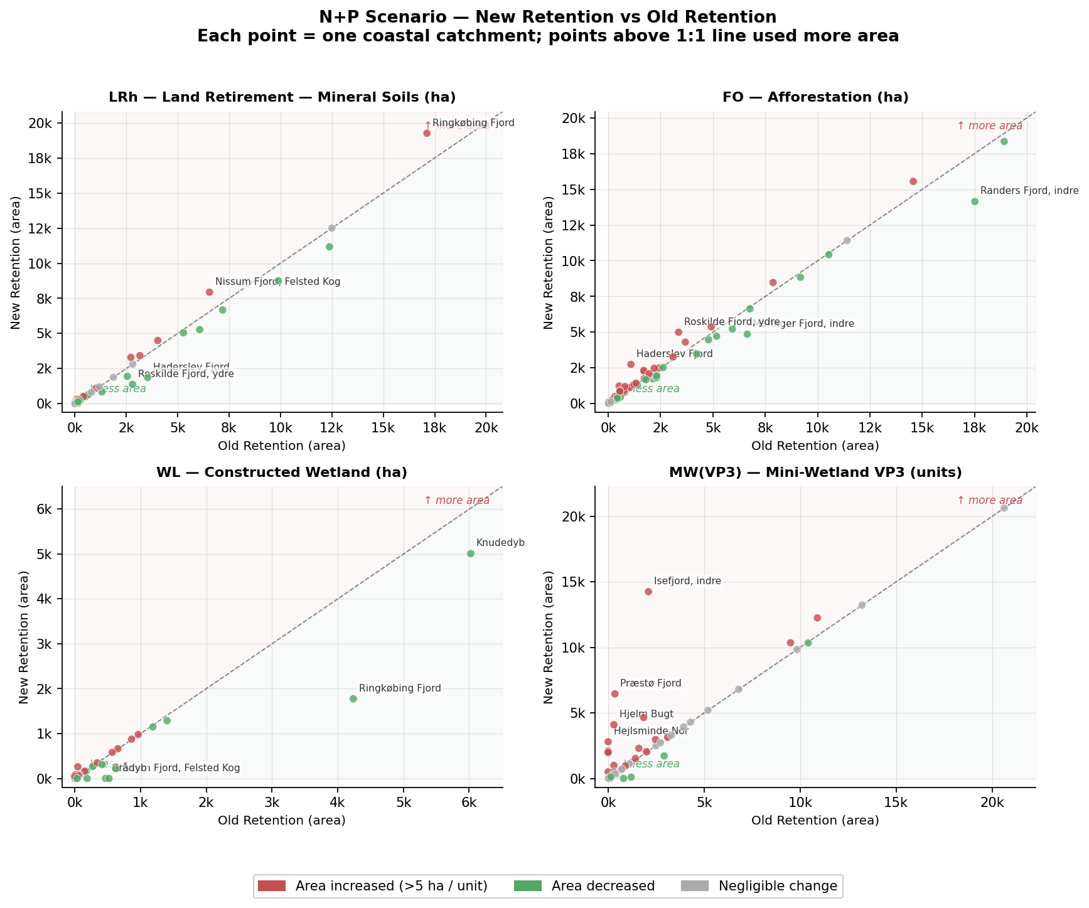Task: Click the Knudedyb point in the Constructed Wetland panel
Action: coord(471,553)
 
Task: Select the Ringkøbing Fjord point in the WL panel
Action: coord(353,698)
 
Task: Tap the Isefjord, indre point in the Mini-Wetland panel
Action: coord(648,591)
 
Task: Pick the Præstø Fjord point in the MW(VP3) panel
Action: coord(614,693)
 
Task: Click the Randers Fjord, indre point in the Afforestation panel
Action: coord(975,201)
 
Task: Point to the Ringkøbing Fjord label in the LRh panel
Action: coord(473,123)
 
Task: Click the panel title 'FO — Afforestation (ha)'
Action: coord(815,97)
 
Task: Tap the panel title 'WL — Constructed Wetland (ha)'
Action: coord(282,473)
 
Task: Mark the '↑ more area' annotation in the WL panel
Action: coord(457,501)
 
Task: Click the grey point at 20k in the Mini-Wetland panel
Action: coord(1004,508)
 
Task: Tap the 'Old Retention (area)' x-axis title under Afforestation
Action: coord(815,446)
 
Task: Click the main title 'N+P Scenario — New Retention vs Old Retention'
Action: coord(547,17)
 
